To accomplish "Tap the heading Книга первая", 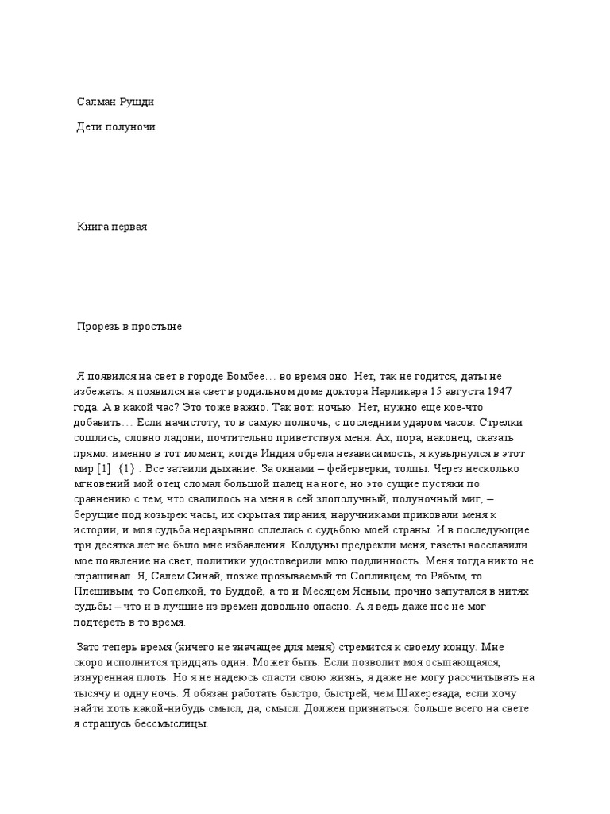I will tap(112, 227).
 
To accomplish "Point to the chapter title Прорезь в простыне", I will tap(129, 327).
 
